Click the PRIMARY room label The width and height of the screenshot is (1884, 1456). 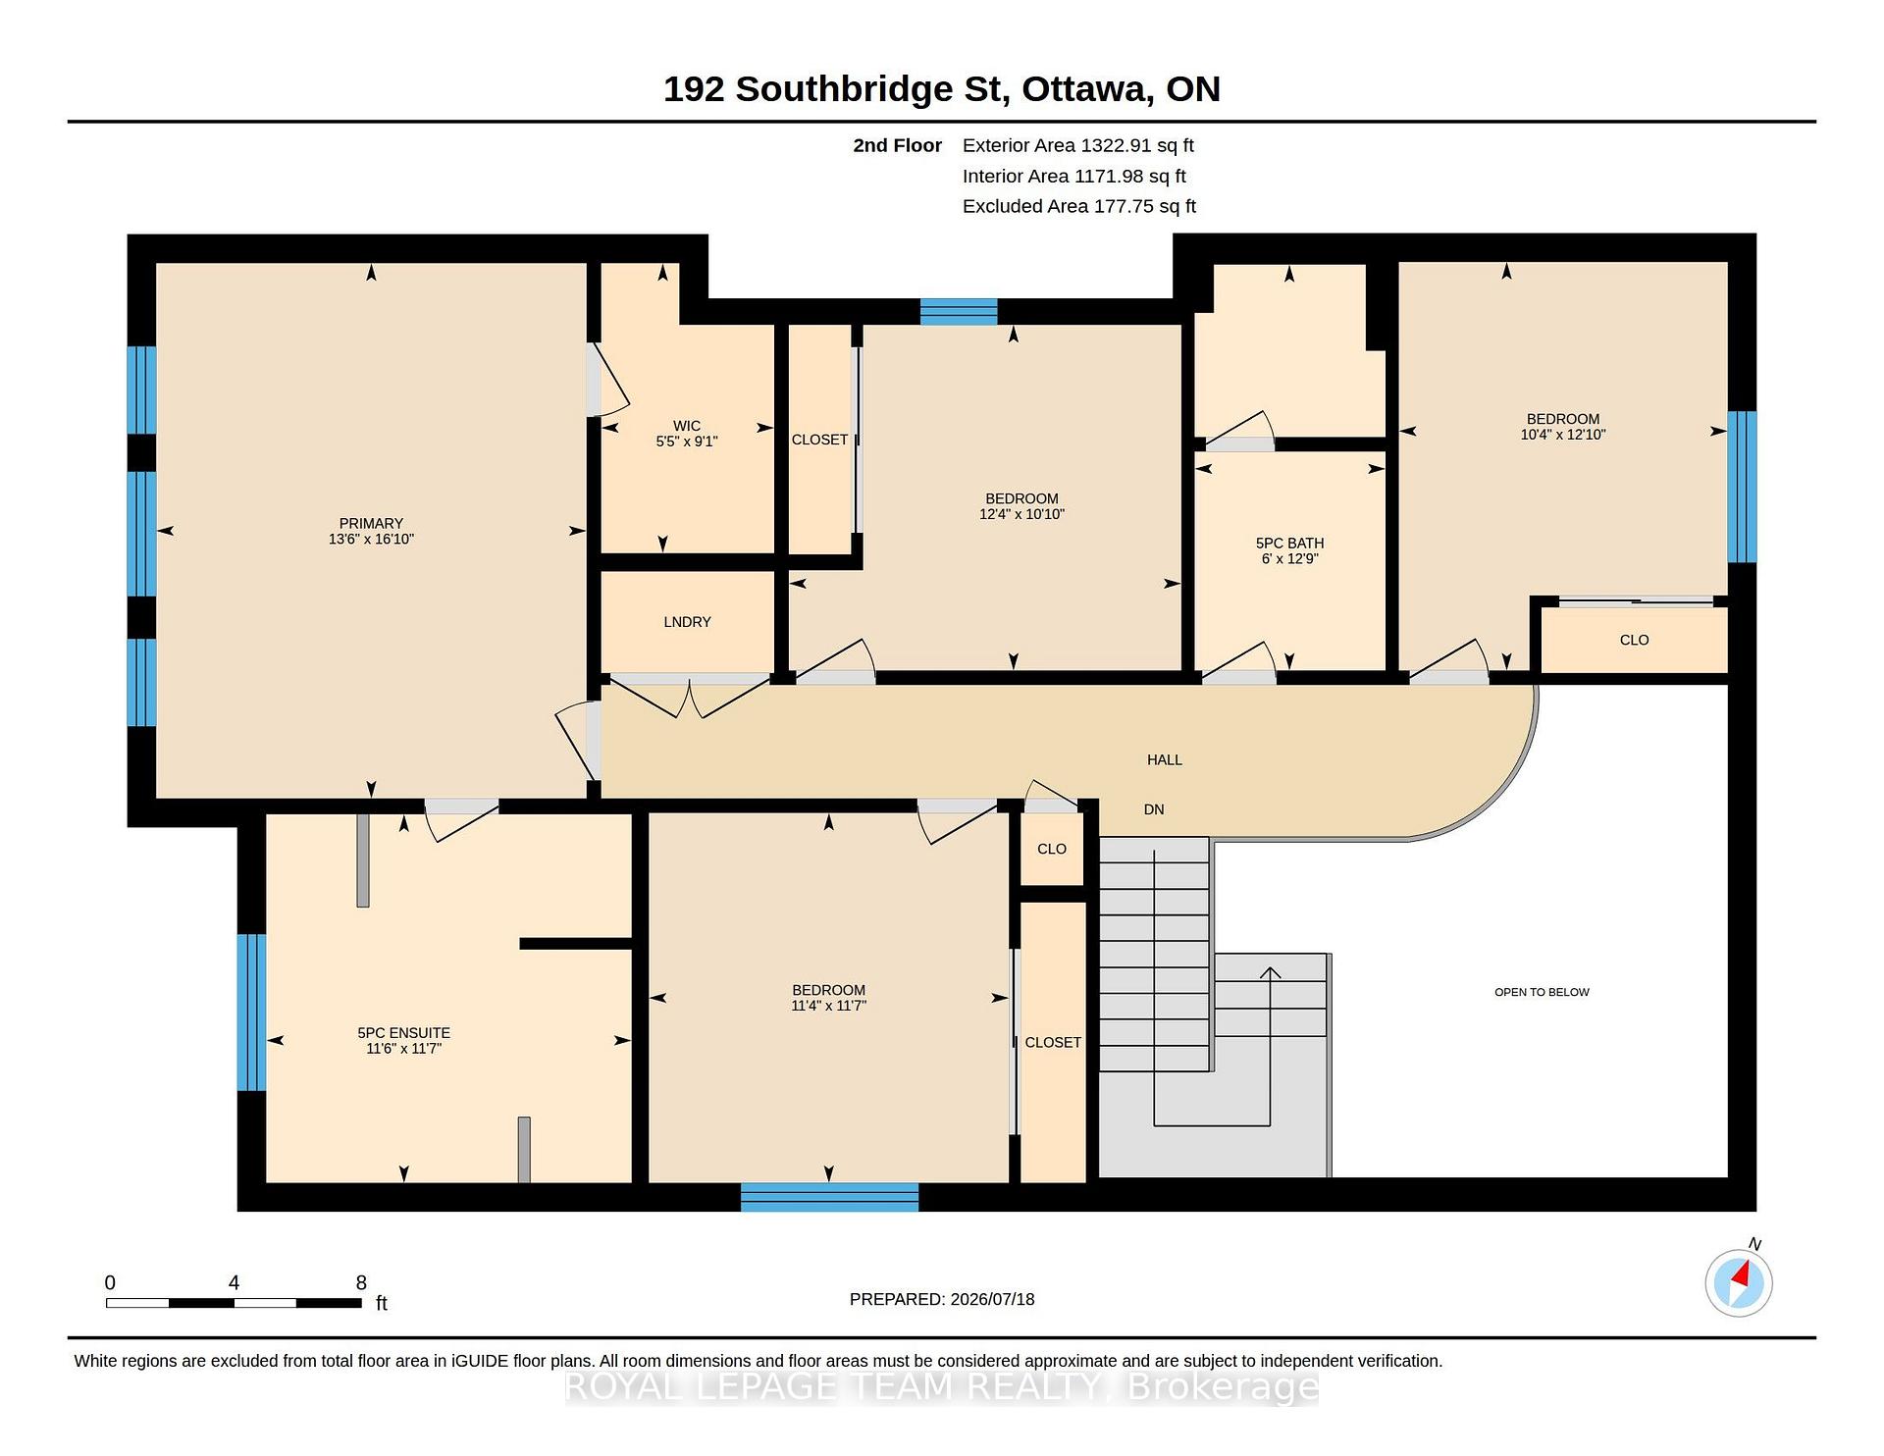pos(371,524)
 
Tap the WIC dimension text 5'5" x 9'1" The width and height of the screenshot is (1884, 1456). pos(687,442)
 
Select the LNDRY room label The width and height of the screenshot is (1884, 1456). pos(687,622)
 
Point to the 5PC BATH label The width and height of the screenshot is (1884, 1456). pos(1289,544)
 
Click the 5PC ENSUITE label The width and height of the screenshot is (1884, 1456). pos(403,1033)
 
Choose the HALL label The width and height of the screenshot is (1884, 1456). pos(1165,759)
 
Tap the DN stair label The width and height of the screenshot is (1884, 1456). pos(1154,809)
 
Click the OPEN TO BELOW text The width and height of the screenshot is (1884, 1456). pos(1542,992)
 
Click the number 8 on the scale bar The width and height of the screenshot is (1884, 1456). pos(361,1282)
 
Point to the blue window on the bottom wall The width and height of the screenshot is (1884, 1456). pos(829,1197)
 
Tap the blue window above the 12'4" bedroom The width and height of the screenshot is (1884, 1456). pos(959,311)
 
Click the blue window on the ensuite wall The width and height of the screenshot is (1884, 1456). pos(251,1012)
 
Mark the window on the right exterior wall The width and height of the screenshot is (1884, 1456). pos(1742,487)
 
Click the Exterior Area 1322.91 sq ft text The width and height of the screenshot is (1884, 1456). pos(1078,145)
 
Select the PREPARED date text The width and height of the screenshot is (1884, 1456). pos(942,1299)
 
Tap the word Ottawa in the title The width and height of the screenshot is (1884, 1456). pos(1087,89)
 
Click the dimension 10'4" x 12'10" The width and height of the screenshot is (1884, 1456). pos(1563,435)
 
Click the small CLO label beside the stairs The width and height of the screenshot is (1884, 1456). pos(1052,849)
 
